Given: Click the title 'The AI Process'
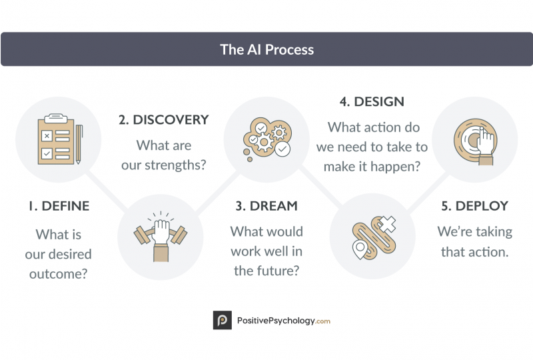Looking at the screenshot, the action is [x=267, y=50].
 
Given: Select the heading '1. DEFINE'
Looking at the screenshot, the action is [x=59, y=206].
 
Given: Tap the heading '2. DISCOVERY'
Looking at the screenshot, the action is [x=163, y=120].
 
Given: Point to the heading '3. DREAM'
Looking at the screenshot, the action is [x=266, y=206].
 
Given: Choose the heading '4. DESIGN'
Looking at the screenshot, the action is [x=372, y=101].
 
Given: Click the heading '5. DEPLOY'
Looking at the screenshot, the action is [x=474, y=206].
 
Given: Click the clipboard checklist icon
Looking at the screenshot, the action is [x=56, y=139].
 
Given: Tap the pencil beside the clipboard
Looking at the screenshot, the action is [x=79, y=144].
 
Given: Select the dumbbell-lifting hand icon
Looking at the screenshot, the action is [x=161, y=237].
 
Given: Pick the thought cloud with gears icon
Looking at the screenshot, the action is [x=267, y=139].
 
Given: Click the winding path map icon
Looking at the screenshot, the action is [x=374, y=237].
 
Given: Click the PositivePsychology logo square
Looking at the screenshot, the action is [x=223, y=320].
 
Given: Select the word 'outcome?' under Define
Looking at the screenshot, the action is [x=59, y=273].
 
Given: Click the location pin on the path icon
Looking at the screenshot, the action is [x=360, y=249].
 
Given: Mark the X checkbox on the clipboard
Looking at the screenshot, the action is [x=47, y=136].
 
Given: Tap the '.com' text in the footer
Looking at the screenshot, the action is [x=323, y=321].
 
